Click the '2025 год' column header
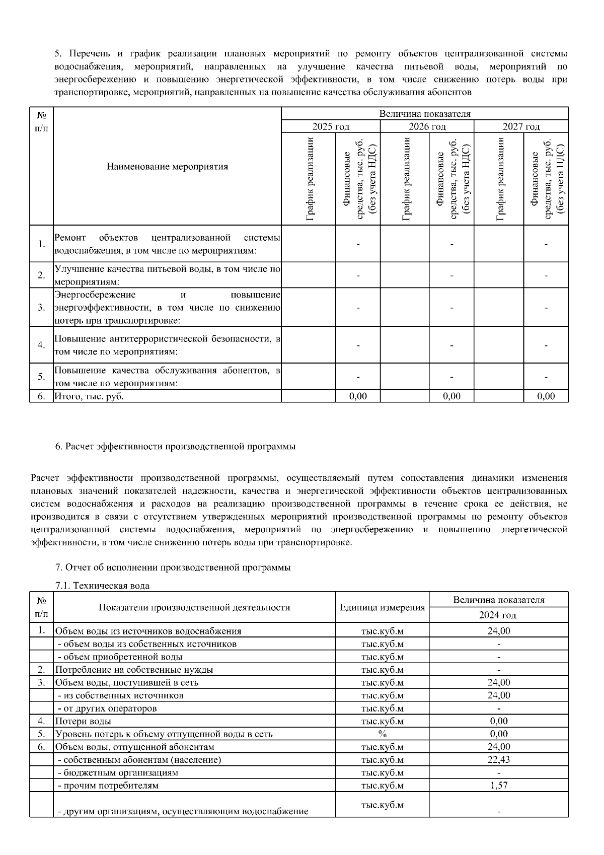click(x=331, y=126)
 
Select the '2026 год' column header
click(x=427, y=126)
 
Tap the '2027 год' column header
click(x=521, y=126)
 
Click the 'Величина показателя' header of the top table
click(x=425, y=114)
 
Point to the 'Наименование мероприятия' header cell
click(x=167, y=167)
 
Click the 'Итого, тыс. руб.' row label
click(x=89, y=396)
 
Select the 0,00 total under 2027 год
click(x=546, y=396)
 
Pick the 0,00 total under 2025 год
click(x=358, y=396)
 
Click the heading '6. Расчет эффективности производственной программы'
click(x=175, y=447)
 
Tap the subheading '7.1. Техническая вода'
click(x=102, y=586)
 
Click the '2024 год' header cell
click(x=498, y=615)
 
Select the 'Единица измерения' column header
click(x=382, y=607)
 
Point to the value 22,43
click(x=498, y=760)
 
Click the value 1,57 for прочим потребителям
click(x=498, y=786)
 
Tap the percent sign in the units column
click(x=382, y=734)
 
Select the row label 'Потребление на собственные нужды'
click(x=134, y=670)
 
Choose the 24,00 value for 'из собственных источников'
click(x=498, y=695)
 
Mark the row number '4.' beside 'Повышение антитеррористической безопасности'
click(x=41, y=345)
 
